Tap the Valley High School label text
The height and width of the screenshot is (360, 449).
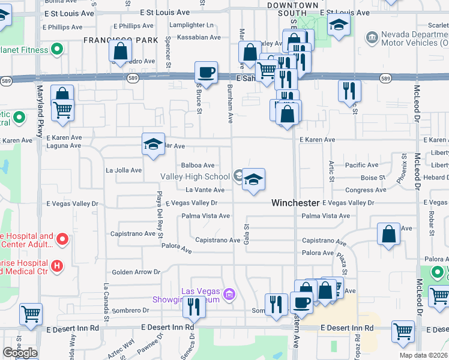click(x=195, y=176)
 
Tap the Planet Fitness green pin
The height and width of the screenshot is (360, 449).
click(x=58, y=49)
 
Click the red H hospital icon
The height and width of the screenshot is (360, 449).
click(x=57, y=265)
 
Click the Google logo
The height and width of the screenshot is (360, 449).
click(x=20, y=353)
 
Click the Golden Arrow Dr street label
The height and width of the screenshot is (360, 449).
click(x=136, y=272)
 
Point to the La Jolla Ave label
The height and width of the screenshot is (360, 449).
click(x=124, y=170)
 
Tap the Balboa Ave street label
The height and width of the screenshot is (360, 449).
click(x=198, y=165)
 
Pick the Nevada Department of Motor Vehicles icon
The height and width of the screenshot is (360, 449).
click(x=372, y=38)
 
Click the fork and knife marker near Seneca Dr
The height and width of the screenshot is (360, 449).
click(x=194, y=307)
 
